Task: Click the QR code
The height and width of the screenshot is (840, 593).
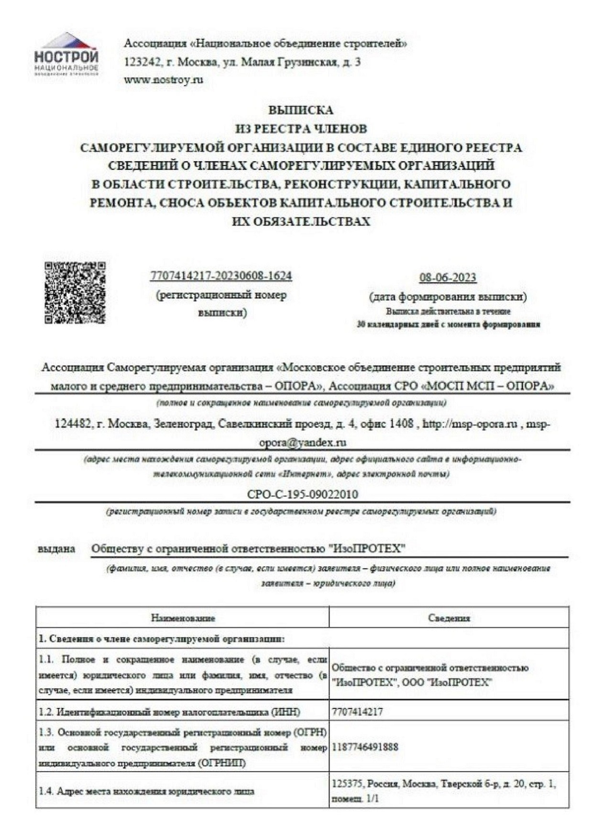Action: coord(75,292)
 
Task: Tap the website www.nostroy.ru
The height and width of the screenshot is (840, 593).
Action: coord(163,80)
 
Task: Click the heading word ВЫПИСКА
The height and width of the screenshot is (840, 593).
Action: coord(300,111)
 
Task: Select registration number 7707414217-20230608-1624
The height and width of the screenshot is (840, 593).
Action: coord(221,276)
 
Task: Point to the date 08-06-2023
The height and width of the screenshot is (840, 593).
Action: coord(448,278)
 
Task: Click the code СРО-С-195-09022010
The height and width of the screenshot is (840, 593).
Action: coord(302,493)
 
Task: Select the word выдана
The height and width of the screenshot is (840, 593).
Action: coord(57,549)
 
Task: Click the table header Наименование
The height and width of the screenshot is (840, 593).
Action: coord(183,618)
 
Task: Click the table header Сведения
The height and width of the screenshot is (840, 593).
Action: coord(449,618)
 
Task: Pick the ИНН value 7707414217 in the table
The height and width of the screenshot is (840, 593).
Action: coord(357,712)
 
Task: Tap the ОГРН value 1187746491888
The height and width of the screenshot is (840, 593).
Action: coord(365,747)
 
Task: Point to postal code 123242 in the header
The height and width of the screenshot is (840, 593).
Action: coord(140,62)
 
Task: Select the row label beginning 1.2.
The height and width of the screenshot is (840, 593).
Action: coord(170,712)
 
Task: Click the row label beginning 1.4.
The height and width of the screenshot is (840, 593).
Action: coord(146,791)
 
